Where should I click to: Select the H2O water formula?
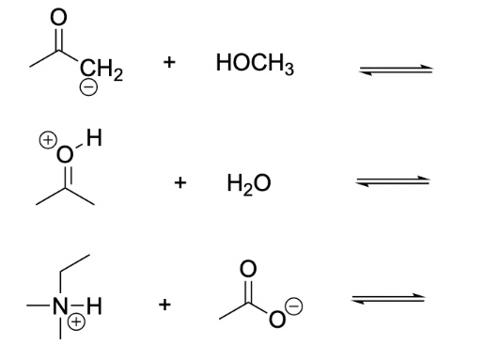click(248, 183)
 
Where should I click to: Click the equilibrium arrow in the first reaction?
click(394, 69)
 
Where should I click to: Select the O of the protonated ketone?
click(65, 154)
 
